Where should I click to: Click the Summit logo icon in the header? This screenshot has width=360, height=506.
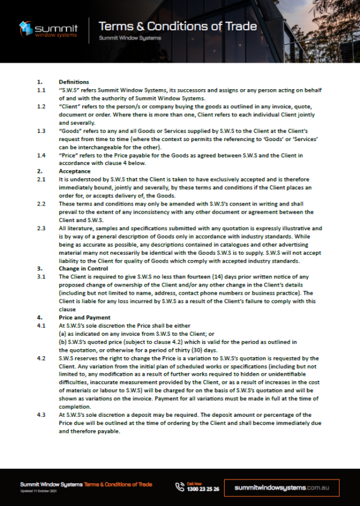[x=25, y=28]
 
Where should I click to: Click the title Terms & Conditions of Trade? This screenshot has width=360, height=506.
[x=178, y=26]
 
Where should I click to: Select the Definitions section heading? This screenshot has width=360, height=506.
[x=73, y=82]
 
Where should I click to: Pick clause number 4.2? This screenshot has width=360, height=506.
[x=41, y=358]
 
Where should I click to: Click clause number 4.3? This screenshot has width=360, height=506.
[x=41, y=414]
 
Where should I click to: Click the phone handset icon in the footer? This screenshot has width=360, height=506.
[x=180, y=486]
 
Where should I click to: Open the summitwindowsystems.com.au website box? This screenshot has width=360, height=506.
[x=287, y=488]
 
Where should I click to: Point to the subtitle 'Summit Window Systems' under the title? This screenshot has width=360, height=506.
[x=130, y=38]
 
